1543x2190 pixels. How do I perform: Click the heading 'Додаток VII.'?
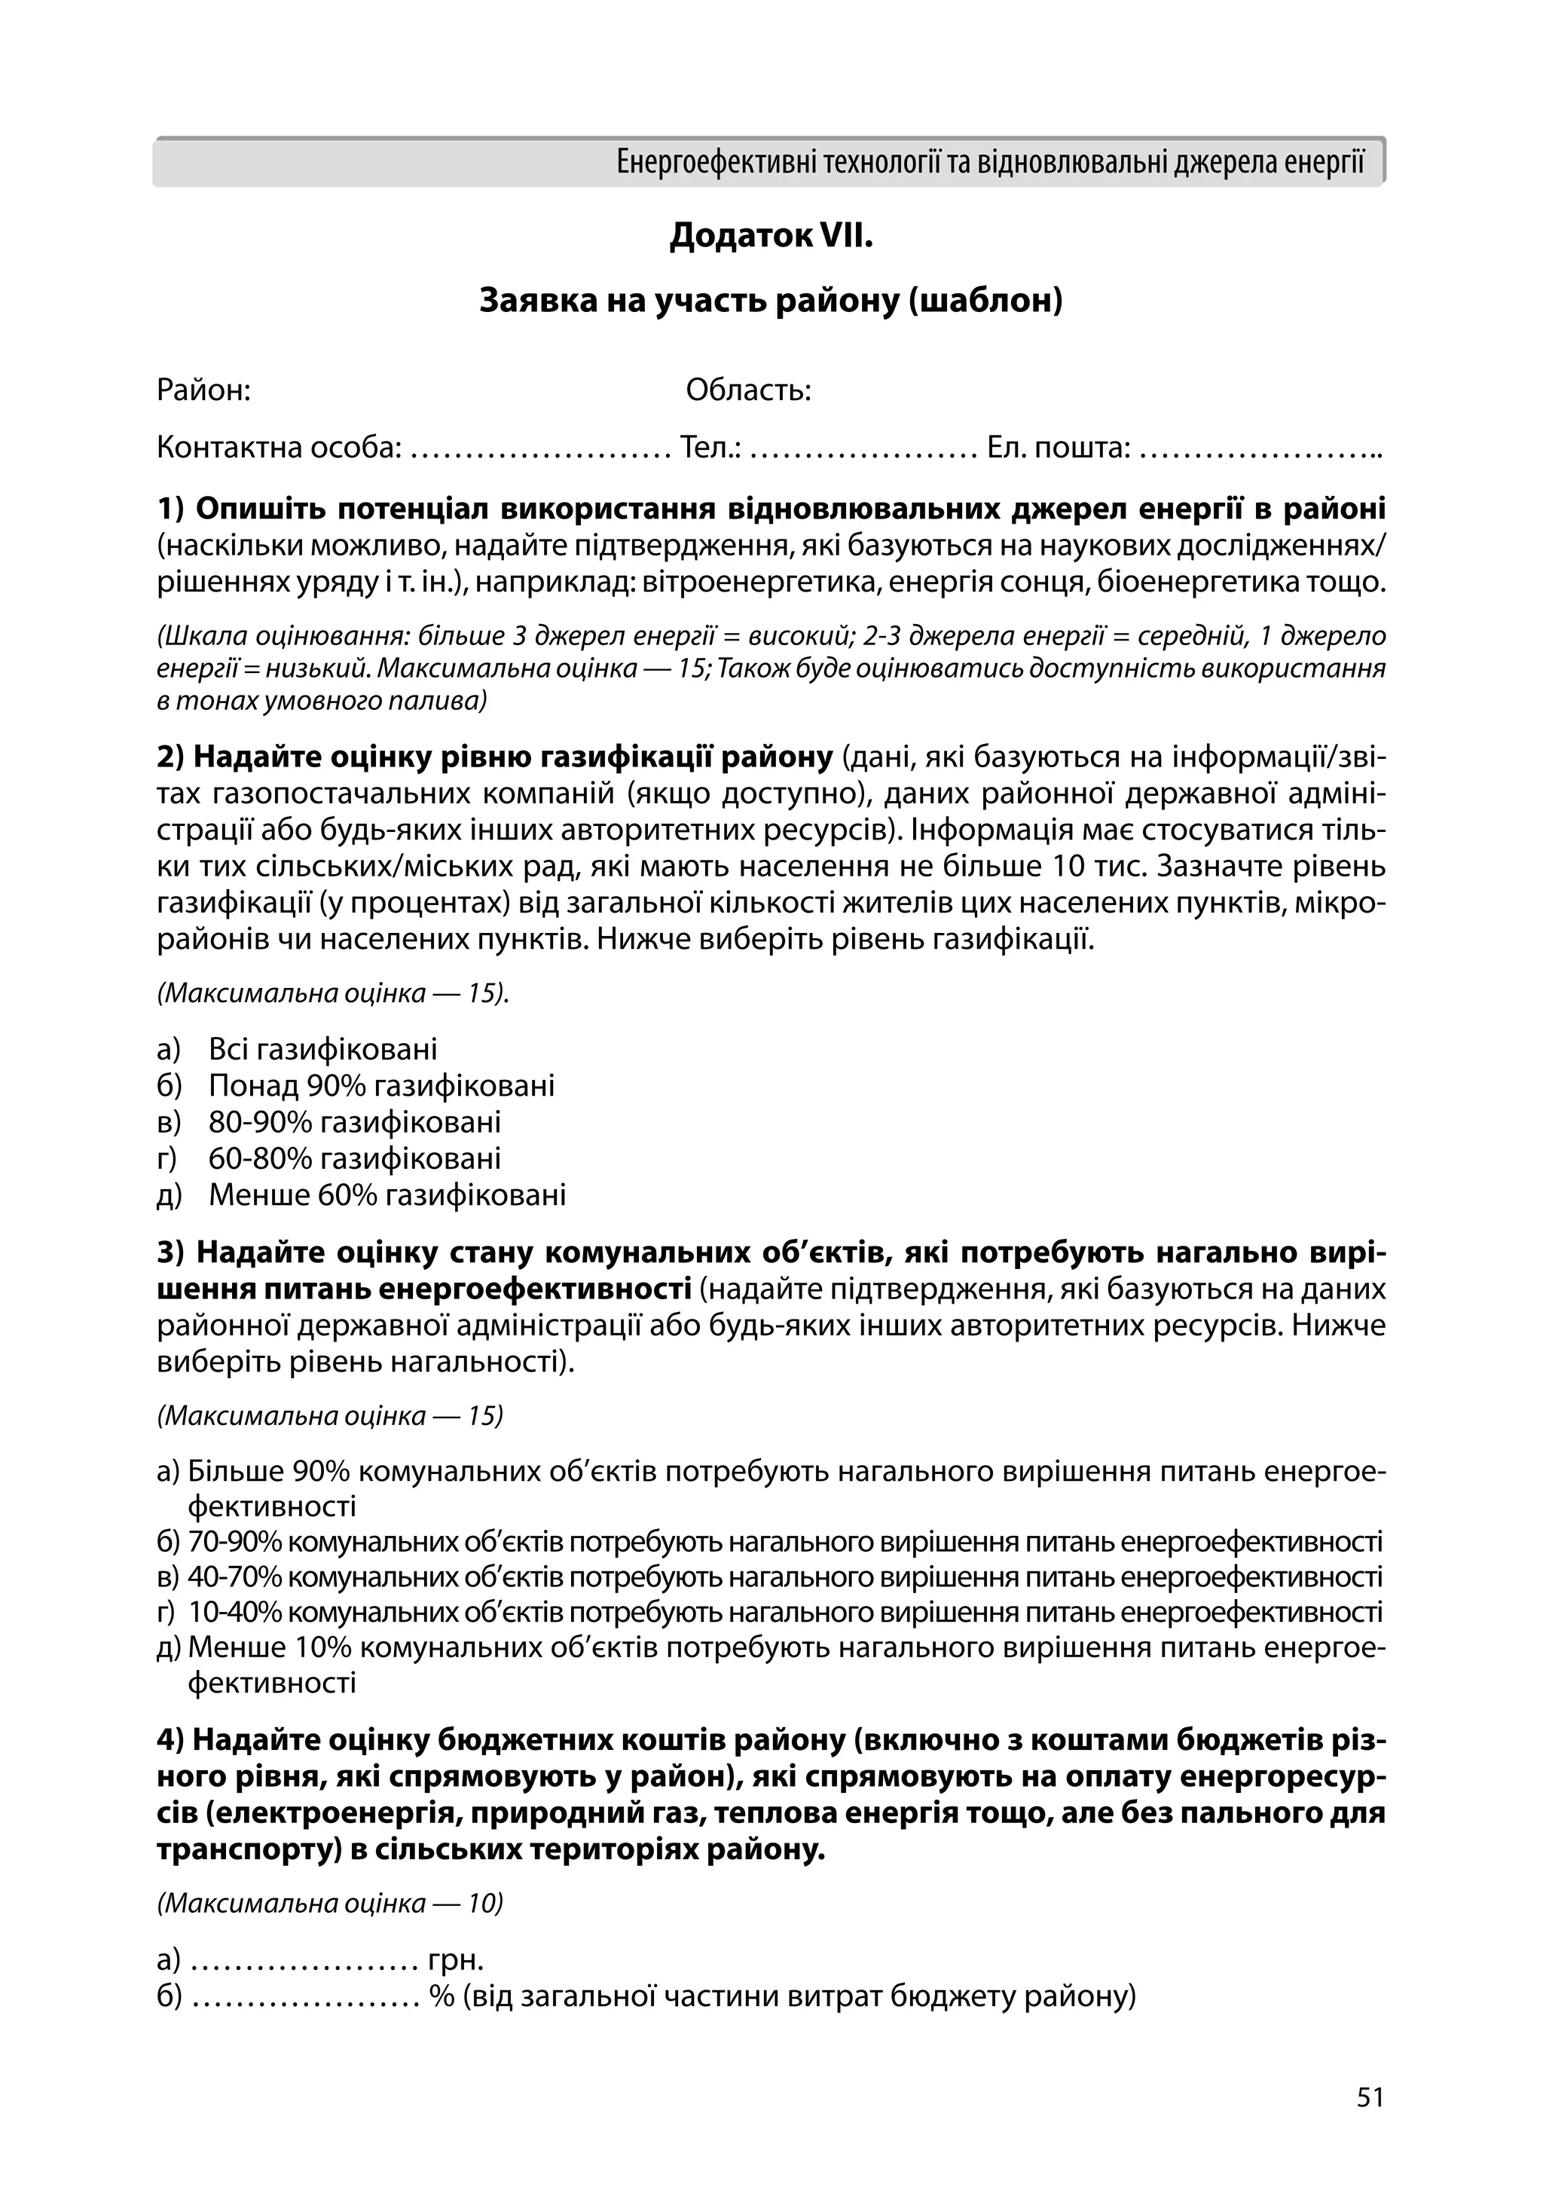[x=771, y=234]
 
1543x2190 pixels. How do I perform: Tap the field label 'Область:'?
[x=749, y=390]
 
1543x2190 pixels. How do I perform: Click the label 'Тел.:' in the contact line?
[x=710, y=446]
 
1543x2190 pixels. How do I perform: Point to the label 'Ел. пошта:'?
[x=1059, y=446]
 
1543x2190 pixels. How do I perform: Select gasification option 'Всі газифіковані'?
[x=322, y=1049]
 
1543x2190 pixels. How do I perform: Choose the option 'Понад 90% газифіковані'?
[x=380, y=1085]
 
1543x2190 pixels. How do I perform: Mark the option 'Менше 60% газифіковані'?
[x=387, y=1194]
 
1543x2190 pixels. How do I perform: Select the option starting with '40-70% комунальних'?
[x=782, y=1577]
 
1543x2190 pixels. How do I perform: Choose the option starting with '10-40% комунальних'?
[x=782, y=1613]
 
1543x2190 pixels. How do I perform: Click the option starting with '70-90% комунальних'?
[x=782, y=1541]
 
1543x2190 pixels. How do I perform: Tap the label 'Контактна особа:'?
[x=279, y=446]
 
